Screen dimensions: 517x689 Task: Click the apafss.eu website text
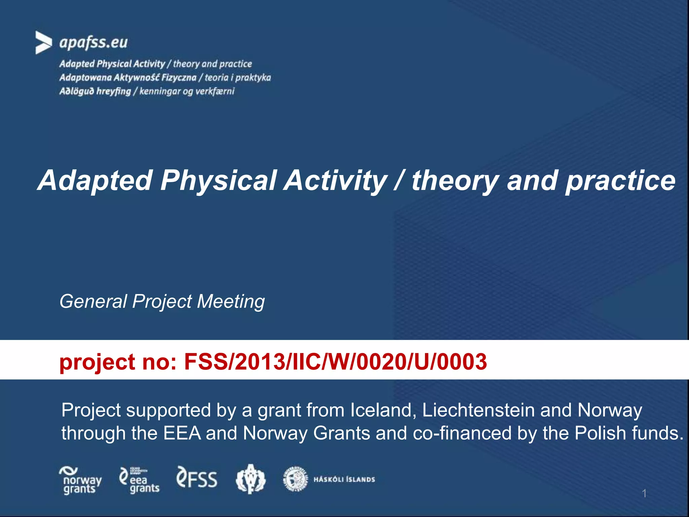(94, 43)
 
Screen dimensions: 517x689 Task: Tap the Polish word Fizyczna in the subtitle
(179, 78)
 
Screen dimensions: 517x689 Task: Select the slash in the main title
(399, 180)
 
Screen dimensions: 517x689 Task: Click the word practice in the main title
(620, 181)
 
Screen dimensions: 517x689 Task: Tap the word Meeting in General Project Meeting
(231, 301)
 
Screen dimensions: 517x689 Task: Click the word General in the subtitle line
(93, 301)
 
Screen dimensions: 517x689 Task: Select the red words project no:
(118, 362)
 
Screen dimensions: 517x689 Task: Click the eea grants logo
(139, 481)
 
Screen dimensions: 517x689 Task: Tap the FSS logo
(197, 479)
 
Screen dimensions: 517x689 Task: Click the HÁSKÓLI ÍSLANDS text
(344, 480)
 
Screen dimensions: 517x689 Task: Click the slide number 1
(644, 493)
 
